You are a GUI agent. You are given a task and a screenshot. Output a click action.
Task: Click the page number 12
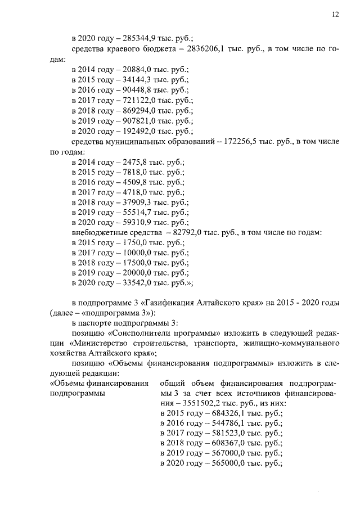tap(334, 15)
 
